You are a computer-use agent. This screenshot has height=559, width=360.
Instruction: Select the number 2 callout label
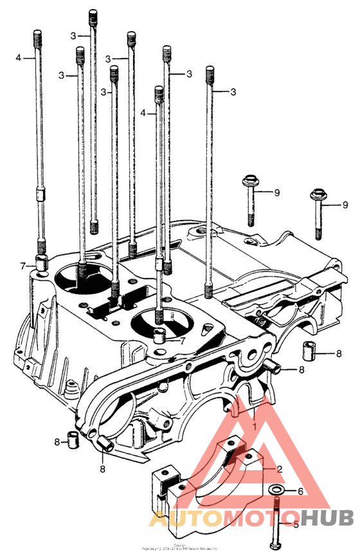coord(280,470)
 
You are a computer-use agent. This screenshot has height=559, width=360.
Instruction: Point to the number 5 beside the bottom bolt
coord(296,524)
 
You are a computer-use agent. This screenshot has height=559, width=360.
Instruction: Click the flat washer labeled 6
coord(277,491)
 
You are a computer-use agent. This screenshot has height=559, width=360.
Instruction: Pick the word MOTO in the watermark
coord(257,518)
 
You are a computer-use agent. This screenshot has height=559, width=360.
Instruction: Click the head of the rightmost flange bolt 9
coord(317,194)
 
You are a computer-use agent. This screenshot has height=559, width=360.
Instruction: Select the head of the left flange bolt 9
coord(249,181)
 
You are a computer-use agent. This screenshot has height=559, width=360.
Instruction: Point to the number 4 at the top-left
coord(19,58)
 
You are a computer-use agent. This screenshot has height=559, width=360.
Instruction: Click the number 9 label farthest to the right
coord(345,205)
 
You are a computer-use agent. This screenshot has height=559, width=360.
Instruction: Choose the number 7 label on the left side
coord(22,266)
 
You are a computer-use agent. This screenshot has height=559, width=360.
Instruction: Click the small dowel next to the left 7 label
coord(42,262)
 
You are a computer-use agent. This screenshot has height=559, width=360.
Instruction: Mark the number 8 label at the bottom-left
coord(57,442)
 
